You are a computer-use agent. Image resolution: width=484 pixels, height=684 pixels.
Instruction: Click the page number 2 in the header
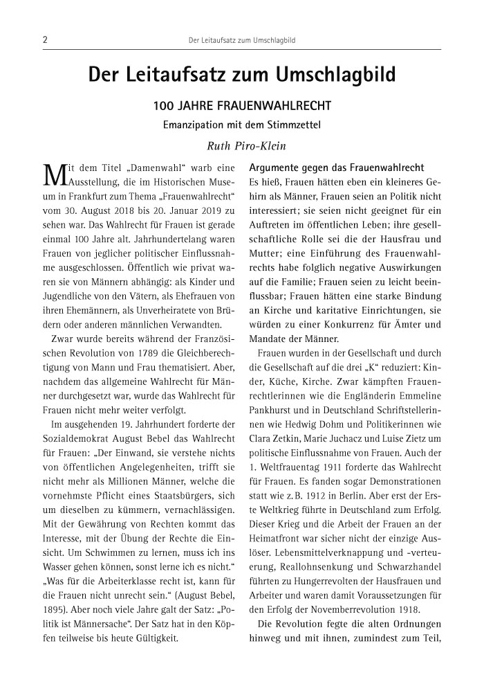(44, 40)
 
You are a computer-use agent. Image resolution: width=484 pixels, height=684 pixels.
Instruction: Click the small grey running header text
(242, 41)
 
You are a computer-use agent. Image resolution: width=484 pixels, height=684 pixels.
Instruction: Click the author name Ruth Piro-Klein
(241, 145)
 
